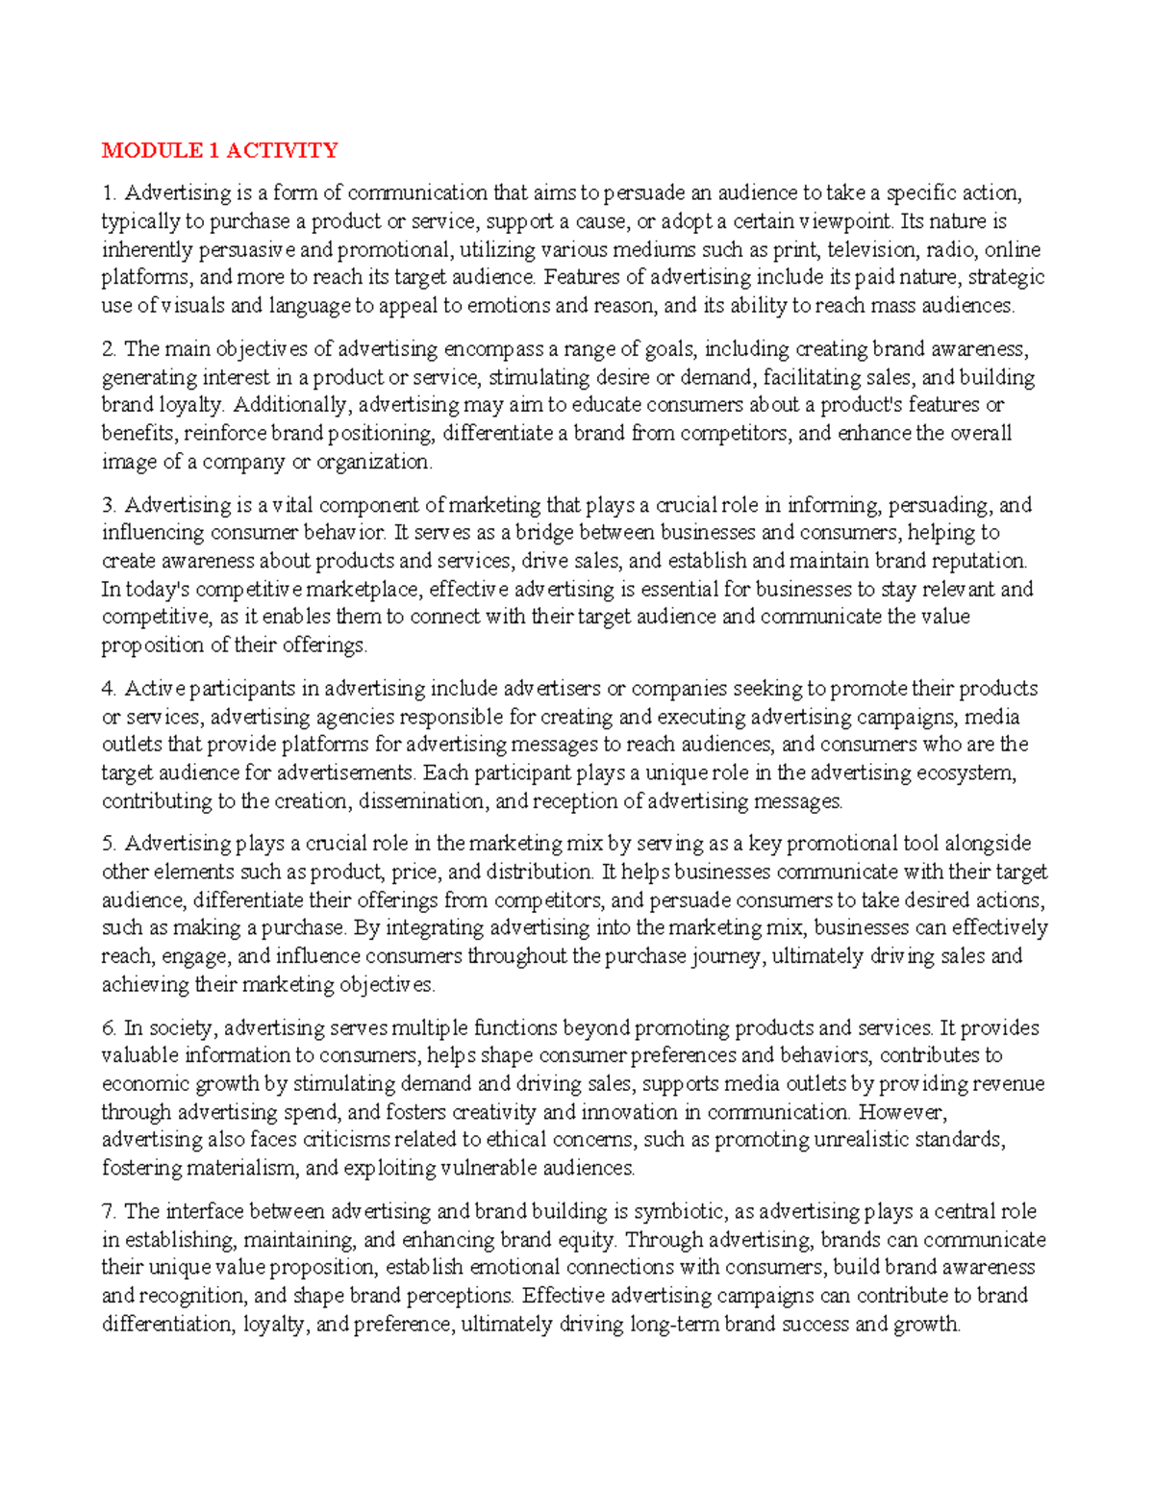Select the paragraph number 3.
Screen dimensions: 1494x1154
(x=109, y=505)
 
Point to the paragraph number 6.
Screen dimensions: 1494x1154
(x=109, y=1028)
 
